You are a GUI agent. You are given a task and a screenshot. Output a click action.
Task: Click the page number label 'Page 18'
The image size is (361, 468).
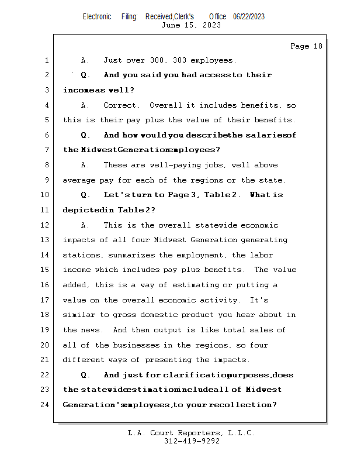click(x=306, y=46)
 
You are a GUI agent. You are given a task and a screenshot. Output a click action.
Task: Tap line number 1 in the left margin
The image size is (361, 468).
click(x=46, y=60)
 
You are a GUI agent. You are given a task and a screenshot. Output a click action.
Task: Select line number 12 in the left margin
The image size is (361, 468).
click(x=44, y=225)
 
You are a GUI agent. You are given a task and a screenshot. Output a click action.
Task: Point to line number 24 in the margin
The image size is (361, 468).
click(x=44, y=405)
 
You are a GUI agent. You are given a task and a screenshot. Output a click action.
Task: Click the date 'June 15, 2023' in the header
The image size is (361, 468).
click(x=191, y=25)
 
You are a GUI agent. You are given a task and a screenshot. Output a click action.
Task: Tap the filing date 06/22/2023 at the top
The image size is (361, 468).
click(x=248, y=16)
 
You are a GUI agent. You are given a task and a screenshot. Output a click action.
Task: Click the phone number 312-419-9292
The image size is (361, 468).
click(x=192, y=441)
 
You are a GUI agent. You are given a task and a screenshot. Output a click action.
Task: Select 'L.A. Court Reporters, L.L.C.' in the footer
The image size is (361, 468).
click(x=191, y=433)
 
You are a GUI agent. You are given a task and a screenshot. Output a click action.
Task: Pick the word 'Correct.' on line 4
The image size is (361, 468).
click(x=122, y=105)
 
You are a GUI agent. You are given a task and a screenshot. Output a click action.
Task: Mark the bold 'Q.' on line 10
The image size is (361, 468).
click(x=85, y=195)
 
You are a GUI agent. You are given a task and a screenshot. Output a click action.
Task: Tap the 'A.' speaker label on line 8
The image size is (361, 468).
click(x=85, y=165)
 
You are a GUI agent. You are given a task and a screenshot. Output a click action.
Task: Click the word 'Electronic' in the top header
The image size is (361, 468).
click(x=97, y=16)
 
